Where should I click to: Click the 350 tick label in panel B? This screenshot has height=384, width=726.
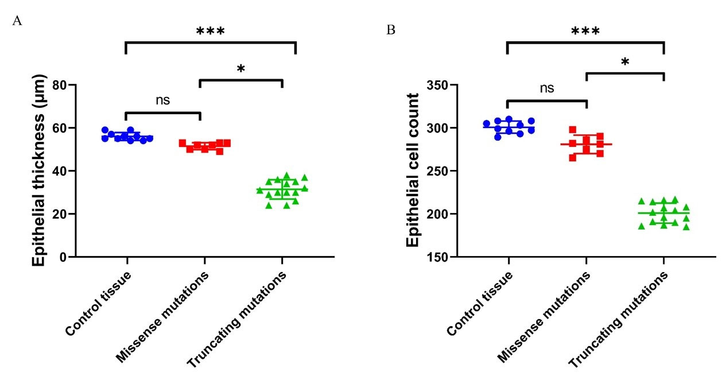coord(438,85)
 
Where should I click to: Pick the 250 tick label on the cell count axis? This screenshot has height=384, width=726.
coord(438,171)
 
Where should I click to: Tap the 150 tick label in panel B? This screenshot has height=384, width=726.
coord(438,257)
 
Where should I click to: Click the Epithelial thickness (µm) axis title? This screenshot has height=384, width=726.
coord(38,170)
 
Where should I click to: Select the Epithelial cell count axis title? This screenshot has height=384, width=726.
coord(413,170)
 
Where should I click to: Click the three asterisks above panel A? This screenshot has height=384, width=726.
coord(210,32)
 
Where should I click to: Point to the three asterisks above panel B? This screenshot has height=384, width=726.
coord(585,32)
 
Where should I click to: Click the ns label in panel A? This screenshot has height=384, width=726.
coord(162,100)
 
